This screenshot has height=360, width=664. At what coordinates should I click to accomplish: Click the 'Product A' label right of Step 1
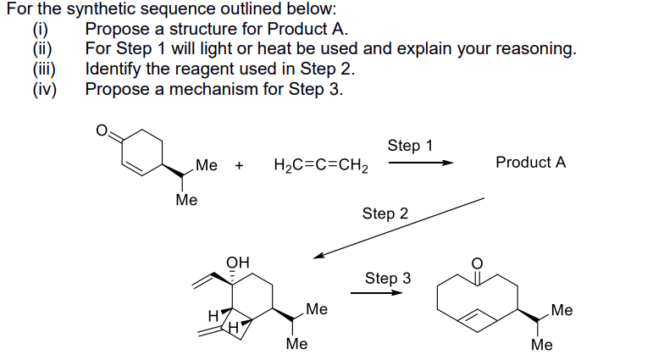click(530, 162)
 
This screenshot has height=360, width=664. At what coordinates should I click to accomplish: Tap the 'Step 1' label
click(410, 145)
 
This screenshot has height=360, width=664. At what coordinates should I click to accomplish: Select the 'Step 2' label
click(385, 213)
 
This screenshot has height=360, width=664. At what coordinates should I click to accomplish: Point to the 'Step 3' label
click(388, 278)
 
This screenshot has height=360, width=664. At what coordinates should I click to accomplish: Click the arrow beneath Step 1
click(420, 164)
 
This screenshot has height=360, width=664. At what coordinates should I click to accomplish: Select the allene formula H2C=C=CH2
click(321, 165)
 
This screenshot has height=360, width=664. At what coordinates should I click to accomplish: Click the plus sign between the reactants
click(240, 165)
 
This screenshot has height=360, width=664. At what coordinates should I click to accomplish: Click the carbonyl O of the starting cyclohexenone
click(102, 132)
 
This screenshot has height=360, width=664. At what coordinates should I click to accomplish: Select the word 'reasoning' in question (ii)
click(535, 49)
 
